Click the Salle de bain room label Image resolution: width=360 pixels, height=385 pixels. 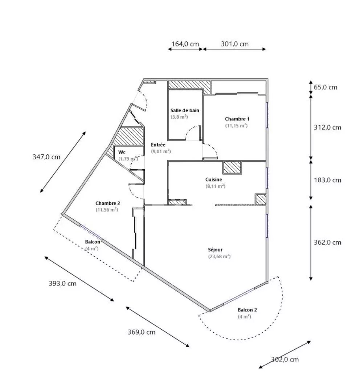(185, 110)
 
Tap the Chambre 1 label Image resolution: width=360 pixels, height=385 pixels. (237, 119)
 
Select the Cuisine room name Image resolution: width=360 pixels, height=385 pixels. (213, 180)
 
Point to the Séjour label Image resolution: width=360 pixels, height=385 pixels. (215, 250)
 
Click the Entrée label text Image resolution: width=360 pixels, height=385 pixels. (158, 145)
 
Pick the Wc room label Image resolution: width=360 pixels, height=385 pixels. (122, 152)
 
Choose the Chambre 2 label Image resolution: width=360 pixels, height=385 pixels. (108, 203)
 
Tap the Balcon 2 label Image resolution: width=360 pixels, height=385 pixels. (247, 310)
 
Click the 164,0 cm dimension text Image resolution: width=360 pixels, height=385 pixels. (185, 44)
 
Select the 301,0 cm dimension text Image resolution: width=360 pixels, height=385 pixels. (234, 44)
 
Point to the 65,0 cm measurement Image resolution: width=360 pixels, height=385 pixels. (326, 88)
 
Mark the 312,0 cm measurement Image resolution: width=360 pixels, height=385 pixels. (327, 128)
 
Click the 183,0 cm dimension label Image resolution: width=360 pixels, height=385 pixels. (327, 181)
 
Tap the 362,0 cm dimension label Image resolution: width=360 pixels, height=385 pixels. (327, 243)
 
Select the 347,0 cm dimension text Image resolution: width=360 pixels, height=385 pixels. (46, 157)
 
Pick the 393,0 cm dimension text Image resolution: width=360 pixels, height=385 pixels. (62, 284)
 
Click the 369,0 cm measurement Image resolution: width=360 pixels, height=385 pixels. (141, 332)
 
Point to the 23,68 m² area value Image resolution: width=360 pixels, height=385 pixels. (220, 256)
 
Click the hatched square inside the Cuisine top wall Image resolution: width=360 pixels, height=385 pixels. (232, 167)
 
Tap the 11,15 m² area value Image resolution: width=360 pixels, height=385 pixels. (236, 126)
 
